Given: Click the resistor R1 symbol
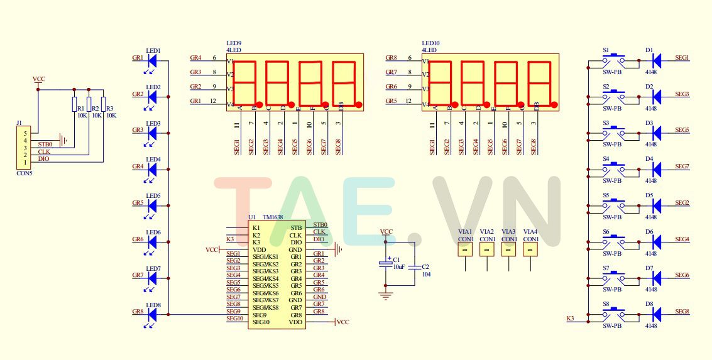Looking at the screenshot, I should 74,104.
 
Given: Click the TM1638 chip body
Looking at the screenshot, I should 277,275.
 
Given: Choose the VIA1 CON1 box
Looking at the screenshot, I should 465,249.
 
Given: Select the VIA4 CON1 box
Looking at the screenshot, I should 530,249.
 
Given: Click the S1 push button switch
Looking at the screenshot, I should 614,60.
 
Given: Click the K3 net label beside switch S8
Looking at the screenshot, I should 570,319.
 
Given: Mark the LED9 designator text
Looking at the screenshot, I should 234,43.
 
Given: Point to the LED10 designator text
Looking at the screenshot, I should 430,43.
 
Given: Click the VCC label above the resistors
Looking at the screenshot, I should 38,79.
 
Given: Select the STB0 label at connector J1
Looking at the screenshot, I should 45,145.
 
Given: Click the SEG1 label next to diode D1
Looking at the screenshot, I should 682,58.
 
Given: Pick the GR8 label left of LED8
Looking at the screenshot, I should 138,312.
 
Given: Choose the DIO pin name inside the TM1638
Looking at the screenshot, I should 295,242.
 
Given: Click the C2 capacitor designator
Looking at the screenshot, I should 425,266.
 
